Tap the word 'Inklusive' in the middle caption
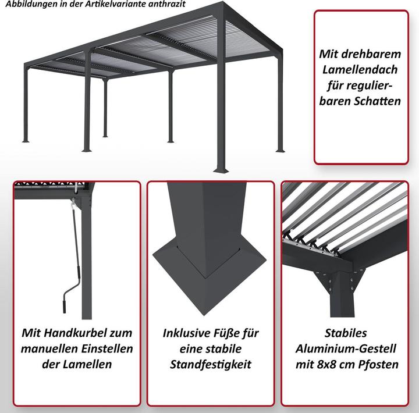pyautogui.click(x=188, y=333)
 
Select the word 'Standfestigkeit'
pyautogui.click(x=211, y=364)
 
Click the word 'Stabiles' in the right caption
pyautogui.click(x=346, y=333)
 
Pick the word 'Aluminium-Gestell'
pyautogui.click(x=346, y=348)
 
